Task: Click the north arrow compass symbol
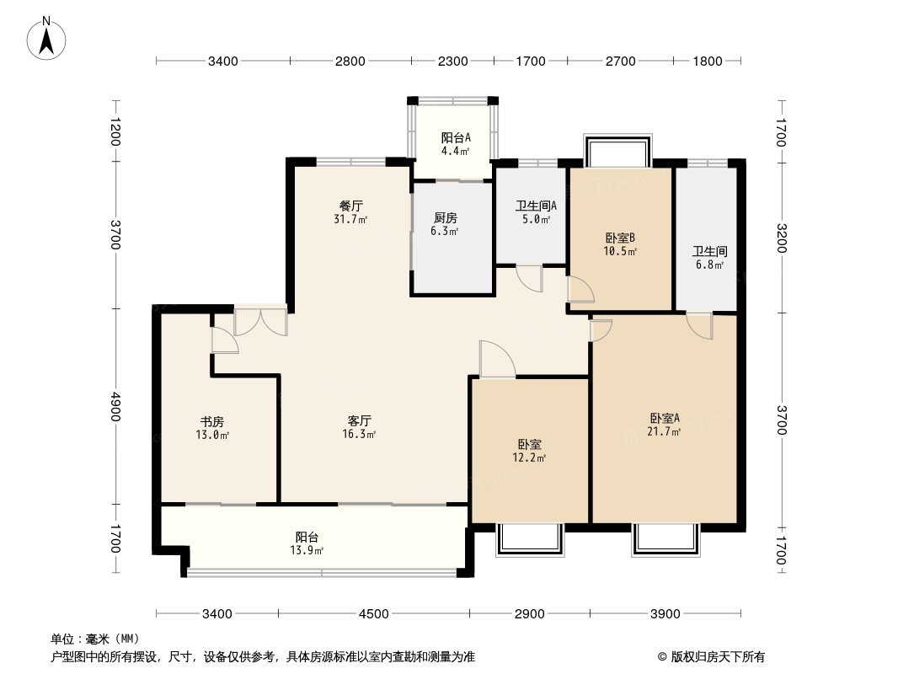coord(46,38)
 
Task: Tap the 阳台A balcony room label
coord(456,144)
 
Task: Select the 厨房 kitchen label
coord(446,224)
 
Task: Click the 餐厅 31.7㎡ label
coord(350,211)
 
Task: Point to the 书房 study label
coord(212,428)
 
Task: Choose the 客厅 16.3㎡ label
coord(359,427)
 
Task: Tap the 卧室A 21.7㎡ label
coord(665,425)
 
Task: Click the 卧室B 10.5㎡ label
coord(620,244)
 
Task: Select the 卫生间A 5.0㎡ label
coord(536,211)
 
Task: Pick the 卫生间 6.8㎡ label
coord(709,258)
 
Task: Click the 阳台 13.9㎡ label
coord(307,543)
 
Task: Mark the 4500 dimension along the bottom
coord(373,614)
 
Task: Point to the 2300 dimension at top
coord(452,61)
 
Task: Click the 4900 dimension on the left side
coord(115,406)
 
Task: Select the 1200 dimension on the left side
coord(115,131)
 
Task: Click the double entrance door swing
coord(260,323)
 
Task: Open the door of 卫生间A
coord(528,279)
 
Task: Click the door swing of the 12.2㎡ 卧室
coord(497,359)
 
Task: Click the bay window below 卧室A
coord(666,539)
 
